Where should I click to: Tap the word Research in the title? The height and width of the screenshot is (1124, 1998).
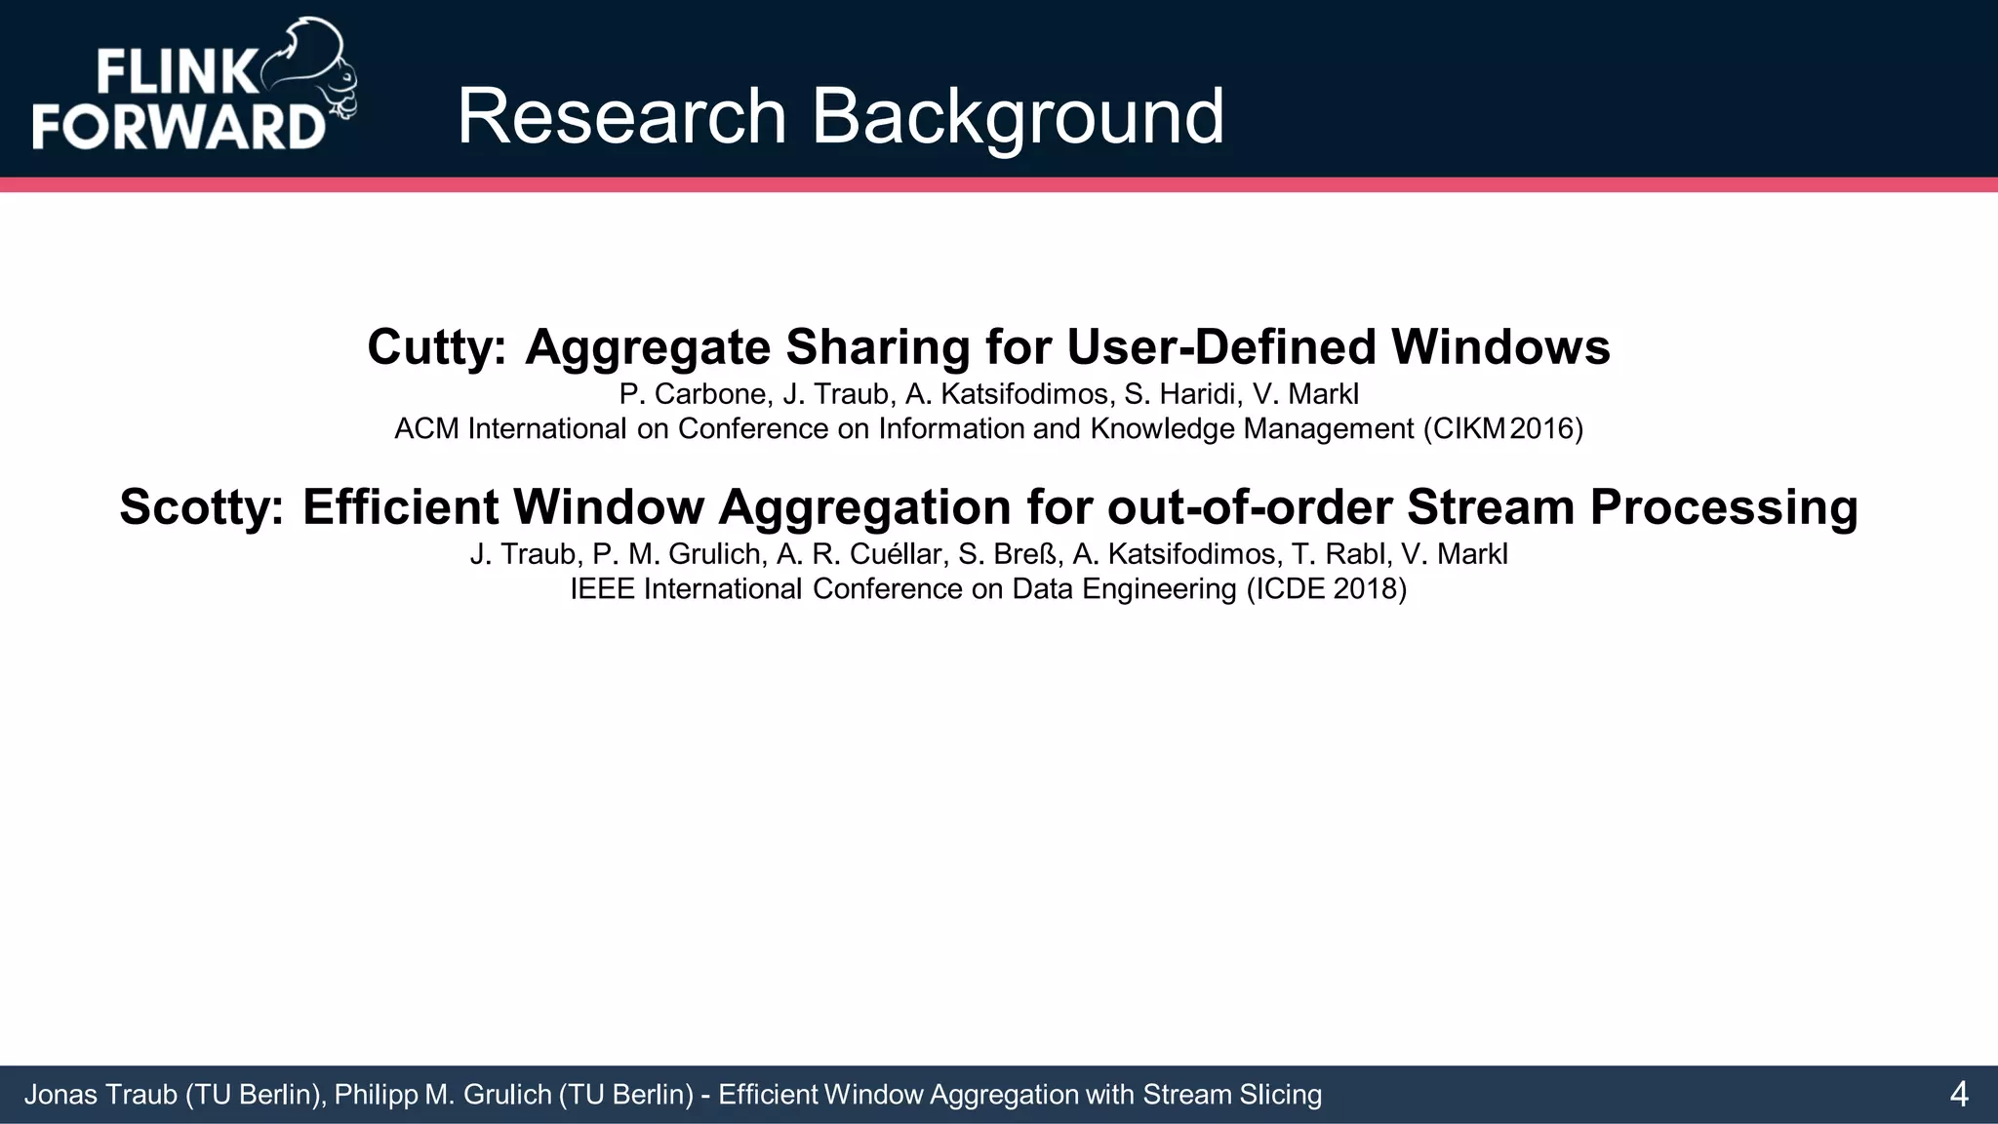(621, 117)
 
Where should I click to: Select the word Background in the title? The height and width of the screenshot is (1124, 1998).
(1018, 117)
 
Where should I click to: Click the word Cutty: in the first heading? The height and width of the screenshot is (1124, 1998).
(437, 347)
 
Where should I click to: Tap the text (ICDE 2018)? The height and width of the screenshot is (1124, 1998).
(1327, 589)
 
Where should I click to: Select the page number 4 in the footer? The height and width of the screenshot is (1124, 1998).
(1958, 1095)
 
